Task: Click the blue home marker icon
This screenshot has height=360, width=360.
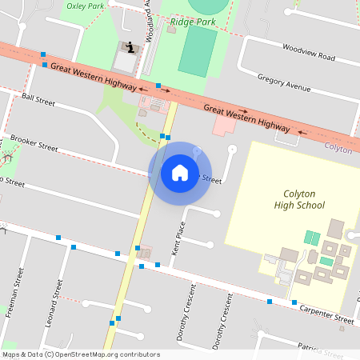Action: point(180,172)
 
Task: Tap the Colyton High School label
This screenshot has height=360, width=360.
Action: point(304,199)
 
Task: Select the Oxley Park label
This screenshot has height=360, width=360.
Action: point(86,5)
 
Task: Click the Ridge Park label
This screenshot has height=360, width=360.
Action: point(193,22)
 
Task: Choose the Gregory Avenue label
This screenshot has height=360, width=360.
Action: point(283,82)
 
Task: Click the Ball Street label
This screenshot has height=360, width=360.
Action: point(38,101)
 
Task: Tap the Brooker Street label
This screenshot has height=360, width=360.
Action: point(34,142)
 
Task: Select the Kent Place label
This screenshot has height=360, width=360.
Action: point(179,238)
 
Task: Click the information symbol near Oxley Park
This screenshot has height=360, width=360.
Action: point(130,46)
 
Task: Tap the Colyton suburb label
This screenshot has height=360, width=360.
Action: point(338,149)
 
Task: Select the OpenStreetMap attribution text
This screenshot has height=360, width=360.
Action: point(80,354)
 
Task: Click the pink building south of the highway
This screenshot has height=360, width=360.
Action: point(223,126)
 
